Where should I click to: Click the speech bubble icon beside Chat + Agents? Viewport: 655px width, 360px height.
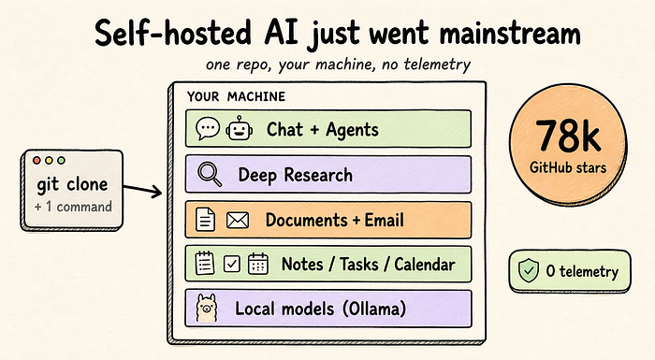(x=208, y=128)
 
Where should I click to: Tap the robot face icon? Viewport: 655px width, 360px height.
(x=239, y=128)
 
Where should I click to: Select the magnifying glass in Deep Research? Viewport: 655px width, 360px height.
(x=210, y=174)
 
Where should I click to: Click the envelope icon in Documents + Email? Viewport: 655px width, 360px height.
(x=238, y=220)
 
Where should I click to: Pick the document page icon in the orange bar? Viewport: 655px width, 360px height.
(x=206, y=220)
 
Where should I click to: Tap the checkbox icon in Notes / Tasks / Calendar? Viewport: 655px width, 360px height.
(x=232, y=264)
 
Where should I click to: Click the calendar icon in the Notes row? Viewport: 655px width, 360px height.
(x=258, y=264)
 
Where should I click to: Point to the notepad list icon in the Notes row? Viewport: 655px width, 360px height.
(x=205, y=263)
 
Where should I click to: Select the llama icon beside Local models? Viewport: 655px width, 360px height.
(x=207, y=308)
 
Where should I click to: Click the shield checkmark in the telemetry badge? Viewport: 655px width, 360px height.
(x=529, y=270)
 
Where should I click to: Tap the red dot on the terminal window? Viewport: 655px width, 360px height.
(x=36, y=161)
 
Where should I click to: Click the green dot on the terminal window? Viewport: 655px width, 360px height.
(x=61, y=161)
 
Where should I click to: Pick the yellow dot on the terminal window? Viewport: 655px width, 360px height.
(x=49, y=161)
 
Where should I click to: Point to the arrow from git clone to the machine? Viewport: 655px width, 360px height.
(x=142, y=191)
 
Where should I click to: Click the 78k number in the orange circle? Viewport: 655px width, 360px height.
(x=568, y=136)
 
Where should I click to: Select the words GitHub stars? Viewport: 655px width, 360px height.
(x=568, y=167)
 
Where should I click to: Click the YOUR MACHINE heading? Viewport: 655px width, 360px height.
(x=236, y=96)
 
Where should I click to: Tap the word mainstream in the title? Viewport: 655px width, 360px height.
(x=510, y=32)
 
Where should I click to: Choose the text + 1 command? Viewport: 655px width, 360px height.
(x=74, y=207)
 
